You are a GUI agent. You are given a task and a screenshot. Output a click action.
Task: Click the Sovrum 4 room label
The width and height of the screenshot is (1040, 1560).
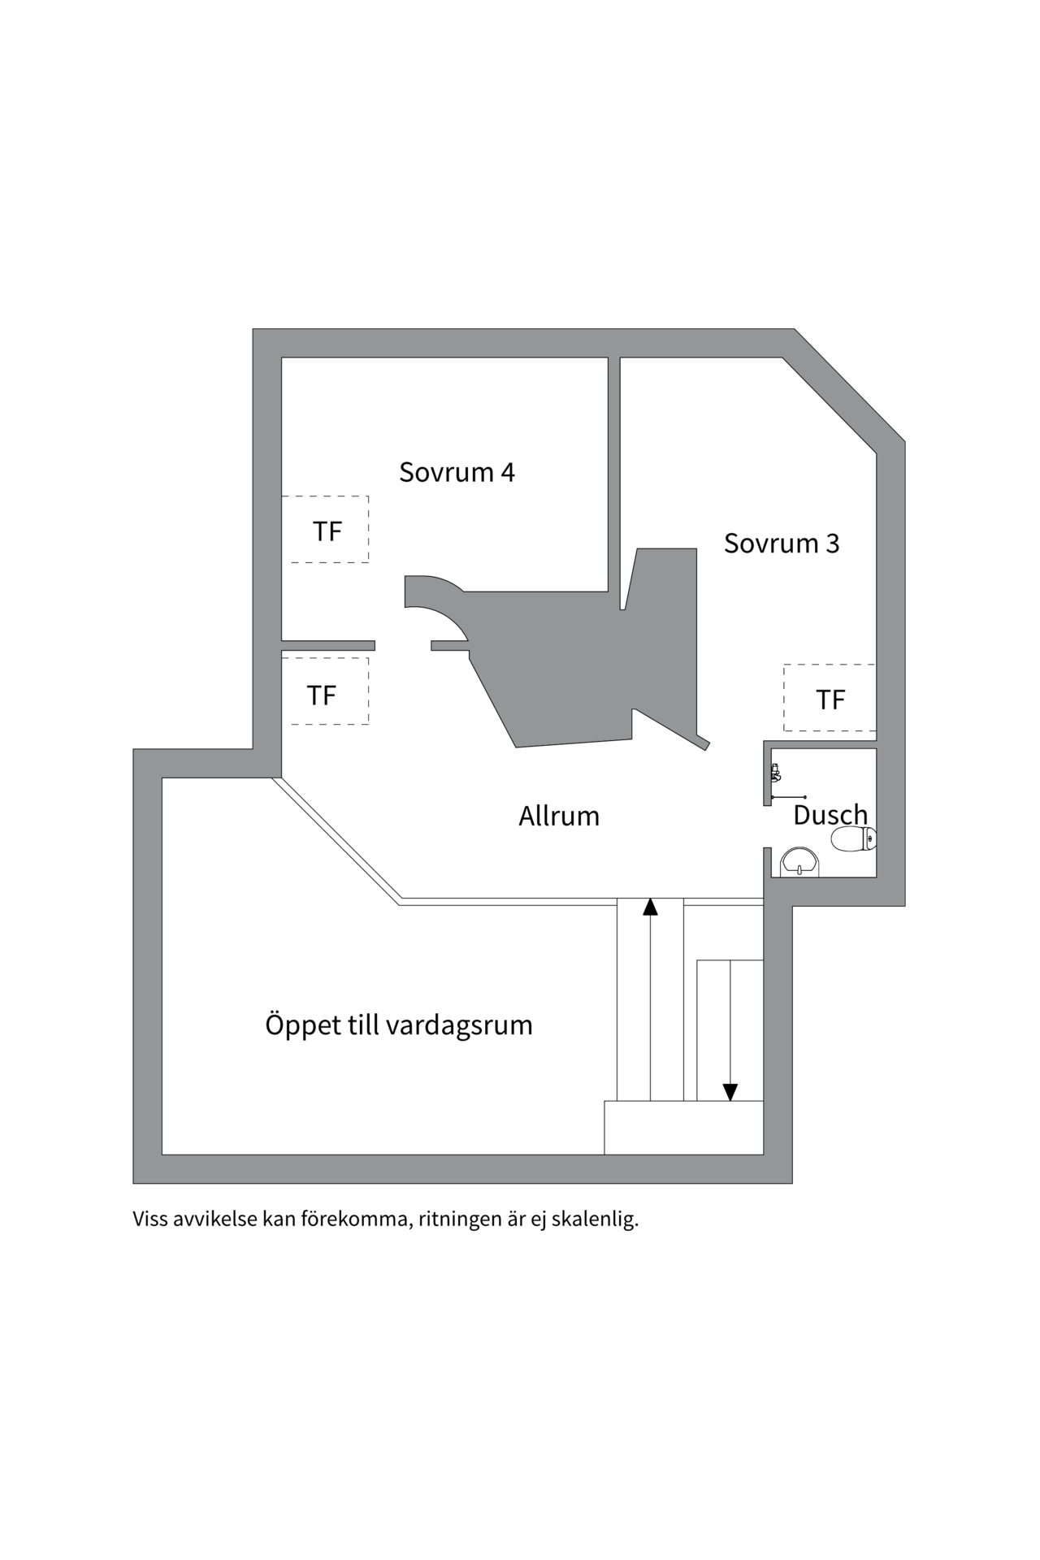coord(457,472)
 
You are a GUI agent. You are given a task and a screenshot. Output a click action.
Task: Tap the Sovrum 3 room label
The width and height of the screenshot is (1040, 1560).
coord(781,543)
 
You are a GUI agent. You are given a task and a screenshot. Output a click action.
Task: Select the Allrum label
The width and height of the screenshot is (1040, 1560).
coord(559,816)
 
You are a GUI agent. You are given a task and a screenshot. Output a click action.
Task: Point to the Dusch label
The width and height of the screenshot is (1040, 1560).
coord(830,814)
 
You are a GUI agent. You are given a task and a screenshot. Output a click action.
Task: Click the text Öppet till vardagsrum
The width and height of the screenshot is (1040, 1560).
coord(398,1025)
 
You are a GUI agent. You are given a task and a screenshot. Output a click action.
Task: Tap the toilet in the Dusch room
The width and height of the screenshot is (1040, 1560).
coord(853,839)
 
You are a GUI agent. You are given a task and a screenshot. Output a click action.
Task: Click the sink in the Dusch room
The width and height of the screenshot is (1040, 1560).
coord(799,863)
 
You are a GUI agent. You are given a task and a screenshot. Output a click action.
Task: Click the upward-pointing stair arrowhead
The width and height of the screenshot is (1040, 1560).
coord(650,907)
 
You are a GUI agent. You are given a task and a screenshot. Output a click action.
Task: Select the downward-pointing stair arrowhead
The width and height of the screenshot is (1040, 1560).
coord(730,1092)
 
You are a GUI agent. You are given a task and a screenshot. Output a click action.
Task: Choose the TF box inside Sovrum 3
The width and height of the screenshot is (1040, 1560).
coord(830,698)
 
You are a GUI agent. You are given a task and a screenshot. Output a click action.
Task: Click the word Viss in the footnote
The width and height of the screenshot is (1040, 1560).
coord(150,1220)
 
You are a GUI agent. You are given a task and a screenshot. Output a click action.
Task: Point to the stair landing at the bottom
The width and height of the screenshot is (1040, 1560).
coord(683,1127)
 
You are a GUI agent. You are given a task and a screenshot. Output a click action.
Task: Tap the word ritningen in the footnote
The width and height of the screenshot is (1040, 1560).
coord(460,1220)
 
